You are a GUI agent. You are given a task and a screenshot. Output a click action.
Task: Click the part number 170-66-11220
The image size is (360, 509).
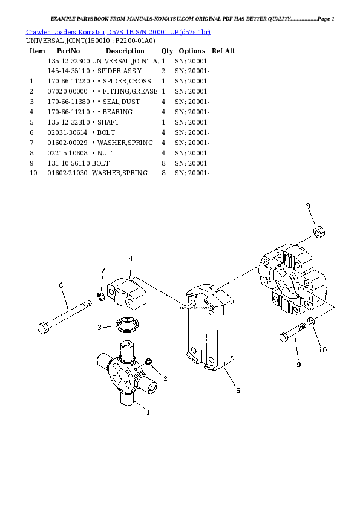(x=68, y=81)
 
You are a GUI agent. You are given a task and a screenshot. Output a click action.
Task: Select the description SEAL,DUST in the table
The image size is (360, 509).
(x=121, y=102)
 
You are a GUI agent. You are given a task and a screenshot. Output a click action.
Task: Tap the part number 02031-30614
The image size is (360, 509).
(x=67, y=132)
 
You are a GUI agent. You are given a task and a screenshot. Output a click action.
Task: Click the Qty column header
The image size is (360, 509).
(x=167, y=51)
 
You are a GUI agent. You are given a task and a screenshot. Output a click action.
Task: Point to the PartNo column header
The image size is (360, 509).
(x=68, y=51)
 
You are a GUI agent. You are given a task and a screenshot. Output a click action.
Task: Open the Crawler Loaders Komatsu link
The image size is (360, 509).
(x=65, y=32)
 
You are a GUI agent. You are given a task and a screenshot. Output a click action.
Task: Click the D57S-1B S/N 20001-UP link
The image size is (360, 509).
(x=159, y=32)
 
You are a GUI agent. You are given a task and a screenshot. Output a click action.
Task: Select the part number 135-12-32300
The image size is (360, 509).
(x=68, y=61)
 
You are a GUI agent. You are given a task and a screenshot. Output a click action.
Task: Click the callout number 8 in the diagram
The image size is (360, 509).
(x=308, y=206)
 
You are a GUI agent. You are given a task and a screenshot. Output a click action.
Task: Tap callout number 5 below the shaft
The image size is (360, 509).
(x=238, y=391)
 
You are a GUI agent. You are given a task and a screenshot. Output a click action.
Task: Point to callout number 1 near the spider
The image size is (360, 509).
(x=148, y=412)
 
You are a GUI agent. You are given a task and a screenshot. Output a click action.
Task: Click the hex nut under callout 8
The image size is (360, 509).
(x=319, y=232)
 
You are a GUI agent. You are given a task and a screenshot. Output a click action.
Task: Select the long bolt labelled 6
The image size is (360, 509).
(x=64, y=317)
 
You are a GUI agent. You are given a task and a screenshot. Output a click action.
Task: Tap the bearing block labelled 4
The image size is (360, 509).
(x=126, y=293)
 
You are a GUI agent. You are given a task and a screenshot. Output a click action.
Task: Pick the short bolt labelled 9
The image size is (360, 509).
(x=293, y=332)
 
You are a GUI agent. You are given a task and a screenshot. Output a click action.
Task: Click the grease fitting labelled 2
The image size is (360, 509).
(x=149, y=361)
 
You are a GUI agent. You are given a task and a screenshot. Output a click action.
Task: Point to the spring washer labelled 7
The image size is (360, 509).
(x=101, y=296)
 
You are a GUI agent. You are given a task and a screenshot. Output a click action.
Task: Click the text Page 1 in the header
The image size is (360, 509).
(x=326, y=19)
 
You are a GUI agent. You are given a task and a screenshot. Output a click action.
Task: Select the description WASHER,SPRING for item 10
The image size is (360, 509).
(x=120, y=173)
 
